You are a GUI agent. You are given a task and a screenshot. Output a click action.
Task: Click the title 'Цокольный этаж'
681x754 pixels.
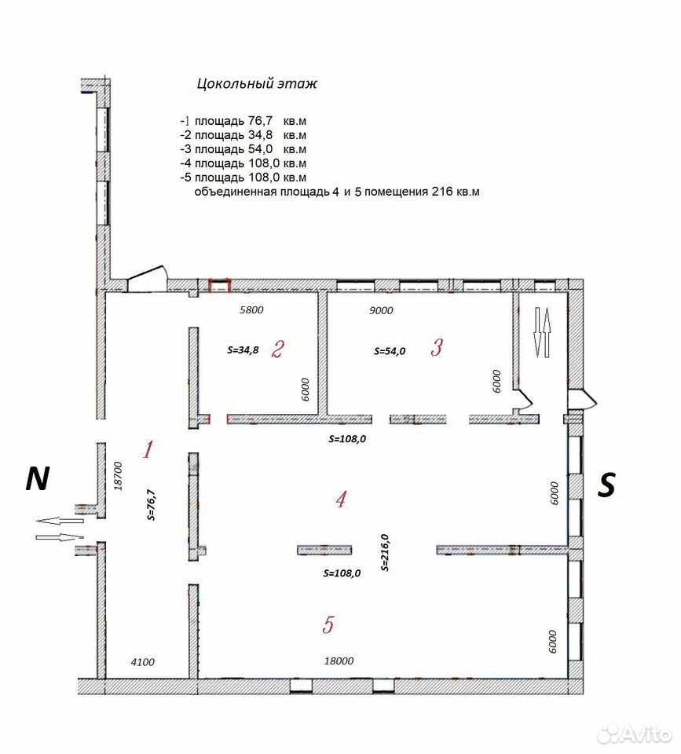point(257,84)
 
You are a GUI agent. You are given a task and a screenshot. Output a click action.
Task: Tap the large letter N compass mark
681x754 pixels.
point(37,478)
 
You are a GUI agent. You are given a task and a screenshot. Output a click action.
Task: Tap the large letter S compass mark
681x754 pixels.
point(606,485)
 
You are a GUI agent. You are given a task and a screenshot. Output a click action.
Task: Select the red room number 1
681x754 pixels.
point(148,449)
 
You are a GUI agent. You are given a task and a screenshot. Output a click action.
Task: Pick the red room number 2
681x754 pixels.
point(277,349)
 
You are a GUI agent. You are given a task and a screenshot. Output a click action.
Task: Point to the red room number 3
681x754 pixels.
point(437,346)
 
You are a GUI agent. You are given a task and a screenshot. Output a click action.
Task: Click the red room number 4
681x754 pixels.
point(341,500)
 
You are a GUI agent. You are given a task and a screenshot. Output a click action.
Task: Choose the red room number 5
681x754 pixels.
point(328,624)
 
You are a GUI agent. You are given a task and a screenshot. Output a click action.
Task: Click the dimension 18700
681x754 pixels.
point(118,476)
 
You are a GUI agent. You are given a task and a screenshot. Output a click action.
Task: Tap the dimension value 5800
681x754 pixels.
point(251,309)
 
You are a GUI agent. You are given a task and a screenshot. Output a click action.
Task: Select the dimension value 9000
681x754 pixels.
point(381,310)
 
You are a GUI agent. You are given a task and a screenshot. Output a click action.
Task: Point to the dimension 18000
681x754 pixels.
point(339,661)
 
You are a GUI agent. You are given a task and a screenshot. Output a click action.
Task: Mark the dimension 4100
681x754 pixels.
point(143,662)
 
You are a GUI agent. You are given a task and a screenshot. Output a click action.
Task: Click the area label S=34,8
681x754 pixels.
point(243,350)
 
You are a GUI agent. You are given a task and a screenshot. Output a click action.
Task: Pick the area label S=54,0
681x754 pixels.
point(390,351)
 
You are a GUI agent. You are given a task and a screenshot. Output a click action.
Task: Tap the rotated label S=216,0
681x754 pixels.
point(385,552)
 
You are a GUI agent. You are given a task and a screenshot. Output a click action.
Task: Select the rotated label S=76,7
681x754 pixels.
point(152,505)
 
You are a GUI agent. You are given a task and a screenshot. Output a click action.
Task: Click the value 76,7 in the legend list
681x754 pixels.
point(260,120)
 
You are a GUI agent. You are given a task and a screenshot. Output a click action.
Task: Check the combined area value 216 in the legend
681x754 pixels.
point(442,192)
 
